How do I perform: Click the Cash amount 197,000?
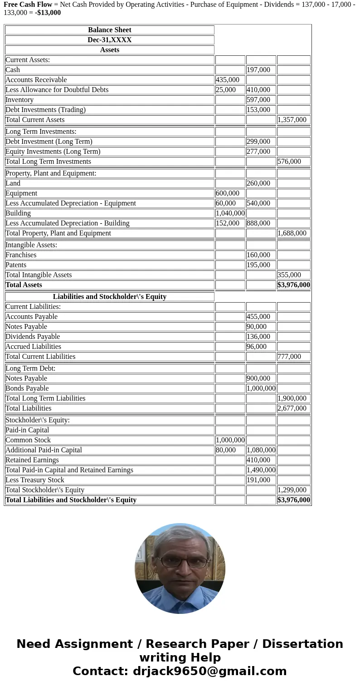258,70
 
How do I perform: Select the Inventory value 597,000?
258,100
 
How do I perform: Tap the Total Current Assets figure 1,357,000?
292,120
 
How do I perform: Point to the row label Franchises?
21,255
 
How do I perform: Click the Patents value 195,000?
258,265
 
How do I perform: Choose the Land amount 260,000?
258,183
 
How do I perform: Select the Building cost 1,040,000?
230,213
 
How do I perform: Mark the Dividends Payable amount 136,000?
258,337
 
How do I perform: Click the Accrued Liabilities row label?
33,347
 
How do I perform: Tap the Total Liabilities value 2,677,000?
292,408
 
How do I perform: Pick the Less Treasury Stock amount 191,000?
258,480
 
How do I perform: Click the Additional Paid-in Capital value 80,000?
226,450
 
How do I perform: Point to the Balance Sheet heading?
110,30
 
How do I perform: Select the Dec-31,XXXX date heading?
110,40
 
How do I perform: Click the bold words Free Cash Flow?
28,5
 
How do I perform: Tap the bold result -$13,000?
48,13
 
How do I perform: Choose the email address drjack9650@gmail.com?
210,671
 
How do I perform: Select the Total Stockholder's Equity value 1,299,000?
292,490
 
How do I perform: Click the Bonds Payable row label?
27,388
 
